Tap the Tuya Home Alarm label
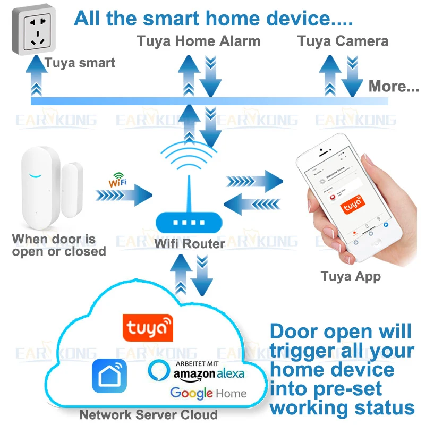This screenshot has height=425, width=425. pos(199,41)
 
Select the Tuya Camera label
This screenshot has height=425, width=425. pos(343,41)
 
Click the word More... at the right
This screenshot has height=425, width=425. pos(394,86)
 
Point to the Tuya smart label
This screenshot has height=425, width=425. pos(80,63)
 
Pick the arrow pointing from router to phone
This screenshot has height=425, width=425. pos(254,181)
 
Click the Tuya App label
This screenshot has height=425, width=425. pos(351,276)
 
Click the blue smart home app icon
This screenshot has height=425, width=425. pos(109,376)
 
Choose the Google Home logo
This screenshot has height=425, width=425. pos(208,394)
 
